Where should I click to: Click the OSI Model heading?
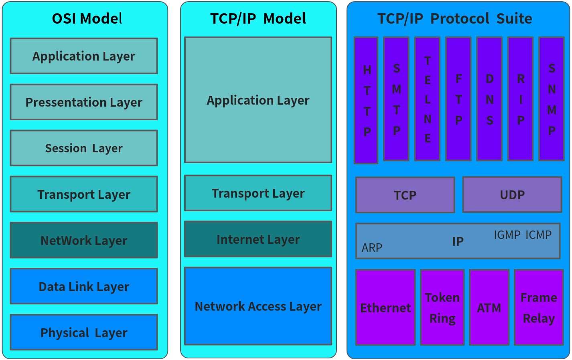[x=87, y=18]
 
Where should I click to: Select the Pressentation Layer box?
[x=84, y=102]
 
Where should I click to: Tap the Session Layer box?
[x=84, y=148]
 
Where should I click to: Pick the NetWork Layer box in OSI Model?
[x=84, y=240]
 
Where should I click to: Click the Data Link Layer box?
[x=84, y=286]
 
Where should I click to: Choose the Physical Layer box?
[x=84, y=332]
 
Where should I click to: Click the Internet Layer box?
[x=258, y=239]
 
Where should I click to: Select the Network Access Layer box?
[x=258, y=306]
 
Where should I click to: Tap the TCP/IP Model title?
[x=258, y=18]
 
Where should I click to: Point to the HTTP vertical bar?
[x=366, y=100]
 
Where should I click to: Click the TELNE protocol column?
[x=427, y=99]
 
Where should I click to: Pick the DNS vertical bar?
[x=489, y=99]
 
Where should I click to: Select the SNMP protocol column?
[x=551, y=99]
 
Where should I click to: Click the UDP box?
[x=512, y=194]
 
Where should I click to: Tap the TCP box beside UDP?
[x=405, y=195]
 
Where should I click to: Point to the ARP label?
[x=372, y=247]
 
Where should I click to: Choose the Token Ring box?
[x=442, y=307]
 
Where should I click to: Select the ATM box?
[x=489, y=307]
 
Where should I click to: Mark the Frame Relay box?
[x=539, y=307]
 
